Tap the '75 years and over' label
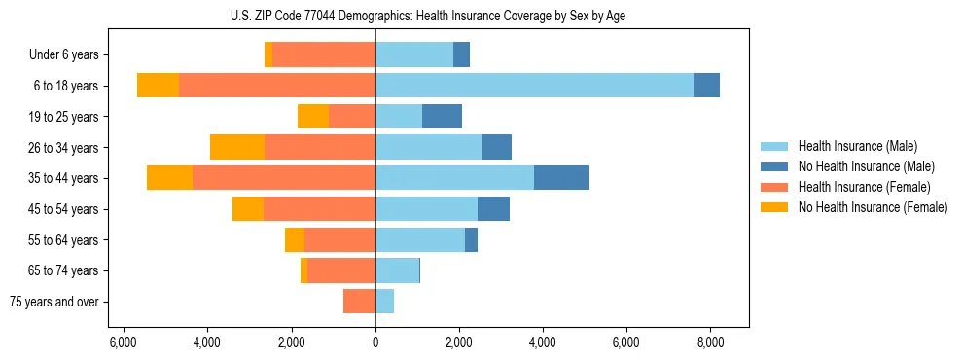[x=54, y=302]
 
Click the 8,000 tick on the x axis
[x=709, y=342]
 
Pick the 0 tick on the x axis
[x=375, y=342]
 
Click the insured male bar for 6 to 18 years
[x=534, y=86]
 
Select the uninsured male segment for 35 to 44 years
[x=561, y=178]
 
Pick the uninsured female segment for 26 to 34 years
[x=237, y=147]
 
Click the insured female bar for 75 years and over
[x=359, y=302]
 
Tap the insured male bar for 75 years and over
[x=384, y=302]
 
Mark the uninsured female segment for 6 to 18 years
[x=158, y=86]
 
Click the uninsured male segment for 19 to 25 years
[x=442, y=117]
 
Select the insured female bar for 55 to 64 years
[x=339, y=239]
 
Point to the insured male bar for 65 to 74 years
[x=397, y=270]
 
